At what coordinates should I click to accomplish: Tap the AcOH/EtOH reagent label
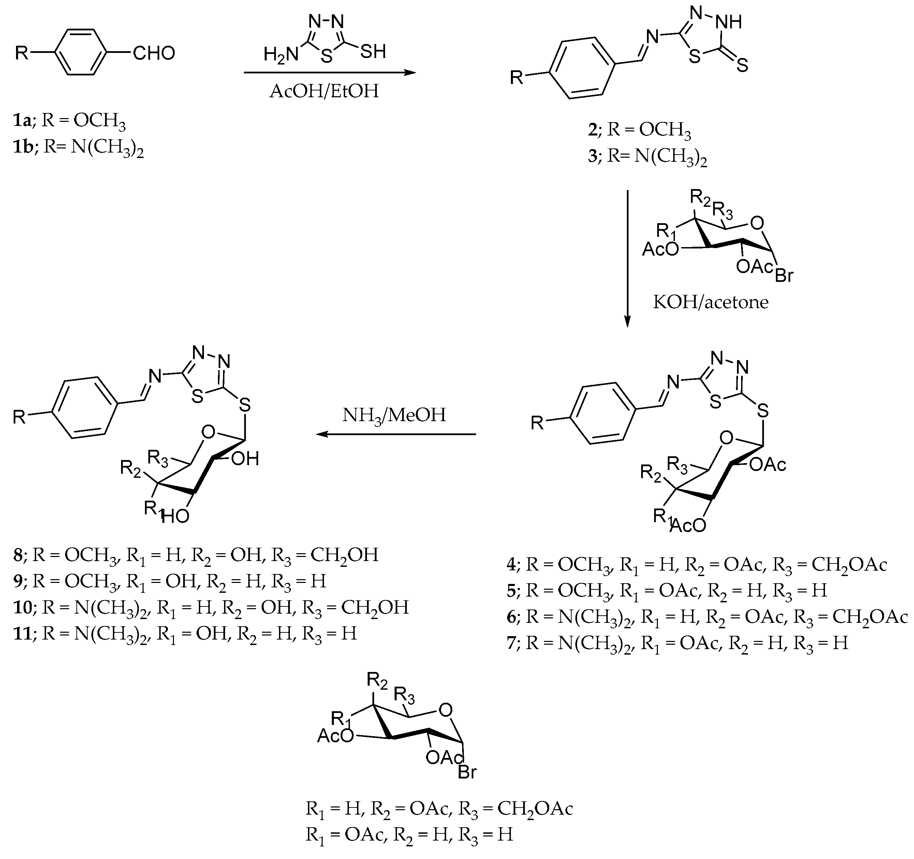[324, 91]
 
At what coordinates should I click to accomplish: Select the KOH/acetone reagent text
[711, 302]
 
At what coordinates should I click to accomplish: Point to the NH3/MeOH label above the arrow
[394, 415]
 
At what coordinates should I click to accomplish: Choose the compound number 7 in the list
[513, 643]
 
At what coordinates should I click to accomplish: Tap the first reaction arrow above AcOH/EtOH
[330, 72]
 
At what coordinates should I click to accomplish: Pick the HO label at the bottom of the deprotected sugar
[175, 516]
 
